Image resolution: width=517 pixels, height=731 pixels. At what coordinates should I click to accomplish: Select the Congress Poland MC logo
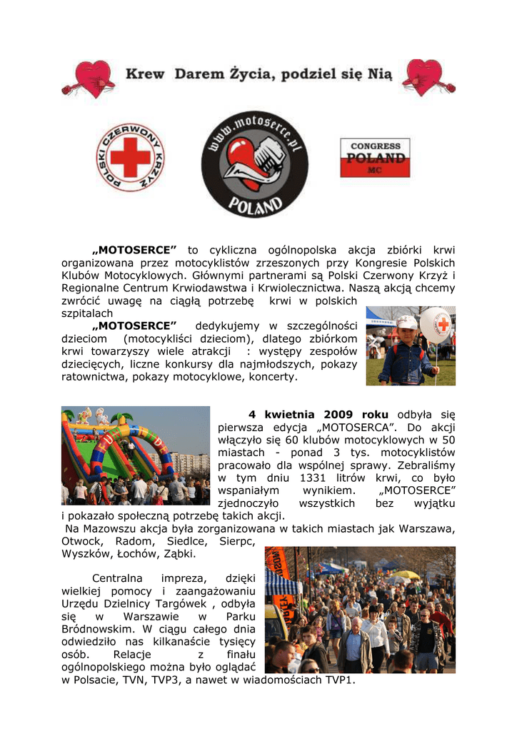tap(375, 158)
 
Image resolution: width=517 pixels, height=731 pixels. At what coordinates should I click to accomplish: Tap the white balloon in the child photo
tap(436, 325)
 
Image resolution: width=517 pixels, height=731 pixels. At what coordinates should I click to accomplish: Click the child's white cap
tap(406, 323)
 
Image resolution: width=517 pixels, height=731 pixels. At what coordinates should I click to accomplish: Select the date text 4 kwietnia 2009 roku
tap(318, 415)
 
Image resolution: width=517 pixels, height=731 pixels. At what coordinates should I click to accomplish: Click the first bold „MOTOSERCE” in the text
tap(134, 250)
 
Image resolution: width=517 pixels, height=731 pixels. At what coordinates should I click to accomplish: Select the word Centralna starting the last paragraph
tap(117, 578)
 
